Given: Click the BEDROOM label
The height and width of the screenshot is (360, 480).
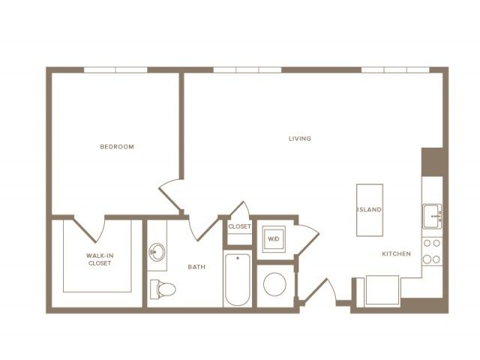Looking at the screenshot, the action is (x=117, y=147).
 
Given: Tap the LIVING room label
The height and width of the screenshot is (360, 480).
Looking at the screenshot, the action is (x=300, y=139).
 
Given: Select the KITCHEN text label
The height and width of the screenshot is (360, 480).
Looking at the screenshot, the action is (x=397, y=253).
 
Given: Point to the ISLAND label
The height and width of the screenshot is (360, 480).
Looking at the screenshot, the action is (x=370, y=210).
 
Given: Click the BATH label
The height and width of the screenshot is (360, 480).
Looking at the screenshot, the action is (x=196, y=267).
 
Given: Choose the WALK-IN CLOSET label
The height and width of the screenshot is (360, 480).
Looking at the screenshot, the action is (x=100, y=259).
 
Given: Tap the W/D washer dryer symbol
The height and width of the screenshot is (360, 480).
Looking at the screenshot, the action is (x=274, y=238).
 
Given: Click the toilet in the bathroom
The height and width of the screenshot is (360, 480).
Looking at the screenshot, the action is (x=163, y=289).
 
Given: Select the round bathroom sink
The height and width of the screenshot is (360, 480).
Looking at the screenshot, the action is (x=157, y=252).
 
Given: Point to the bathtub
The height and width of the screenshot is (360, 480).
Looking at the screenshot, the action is (x=238, y=279).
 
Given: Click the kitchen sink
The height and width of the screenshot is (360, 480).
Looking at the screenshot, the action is (x=432, y=216).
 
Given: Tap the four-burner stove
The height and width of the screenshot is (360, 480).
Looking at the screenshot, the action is (x=432, y=252).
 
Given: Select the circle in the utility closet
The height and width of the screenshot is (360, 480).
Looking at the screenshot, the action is (x=275, y=284).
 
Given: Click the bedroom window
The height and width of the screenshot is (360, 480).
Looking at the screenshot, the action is (x=115, y=70).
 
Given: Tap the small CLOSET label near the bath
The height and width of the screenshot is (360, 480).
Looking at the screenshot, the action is (x=240, y=226).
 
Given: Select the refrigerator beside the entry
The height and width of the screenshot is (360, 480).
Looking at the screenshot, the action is (x=382, y=290).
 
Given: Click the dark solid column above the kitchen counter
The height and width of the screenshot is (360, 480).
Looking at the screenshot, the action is (x=432, y=162).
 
